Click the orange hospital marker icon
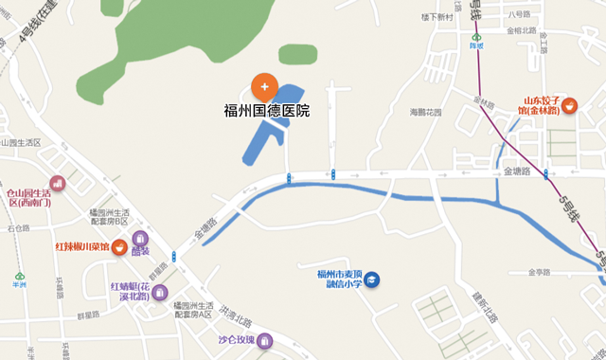[x=264, y=86]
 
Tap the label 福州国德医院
[x=266, y=111]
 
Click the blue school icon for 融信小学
[x=373, y=279]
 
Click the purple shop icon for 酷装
[x=140, y=239]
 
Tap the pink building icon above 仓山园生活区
[x=58, y=182]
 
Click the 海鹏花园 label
[x=425, y=112]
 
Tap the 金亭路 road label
[x=536, y=272]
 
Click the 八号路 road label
[x=520, y=13]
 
